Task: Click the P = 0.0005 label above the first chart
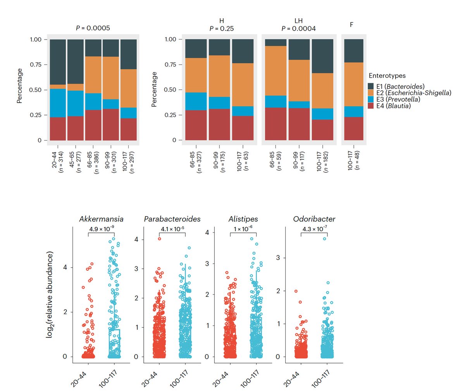(x=93, y=28)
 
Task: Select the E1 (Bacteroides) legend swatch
(x=371, y=86)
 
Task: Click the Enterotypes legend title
(x=387, y=76)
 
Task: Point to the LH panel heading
(x=298, y=21)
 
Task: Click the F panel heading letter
(x=351, y=25)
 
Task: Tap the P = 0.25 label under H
(x=221, y=28)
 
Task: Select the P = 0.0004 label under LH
(x=298, y=28)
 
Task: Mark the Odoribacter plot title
(x=314, y=219)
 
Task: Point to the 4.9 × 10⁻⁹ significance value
(x=102, y=229)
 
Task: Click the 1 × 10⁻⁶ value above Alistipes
(x=243, y=229)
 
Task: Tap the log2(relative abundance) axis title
(x=50, y=294)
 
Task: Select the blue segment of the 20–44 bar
(x=58, y=103)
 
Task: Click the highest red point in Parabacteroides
(x=159, y=239)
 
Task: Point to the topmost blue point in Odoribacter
(x=325, y=239)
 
